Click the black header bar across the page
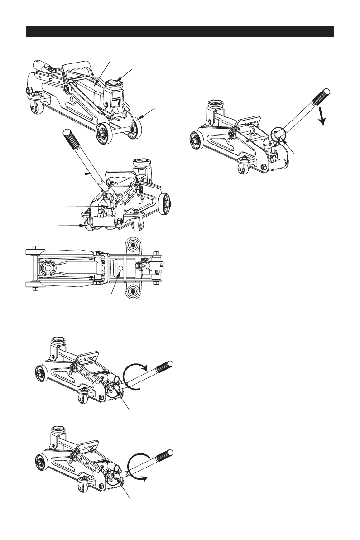180,31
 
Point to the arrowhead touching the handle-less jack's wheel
141,119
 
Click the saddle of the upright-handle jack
139,164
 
